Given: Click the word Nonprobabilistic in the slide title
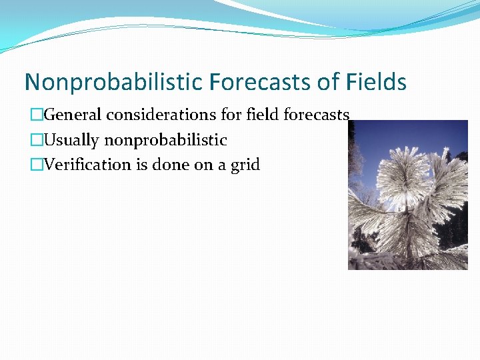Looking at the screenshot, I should coord(113,82).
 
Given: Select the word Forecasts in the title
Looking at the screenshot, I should coord(260,82).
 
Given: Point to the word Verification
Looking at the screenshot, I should coord(88,165).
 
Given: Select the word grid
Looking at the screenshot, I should coord(245,165).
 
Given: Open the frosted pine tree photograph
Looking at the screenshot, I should coord(407,195).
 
